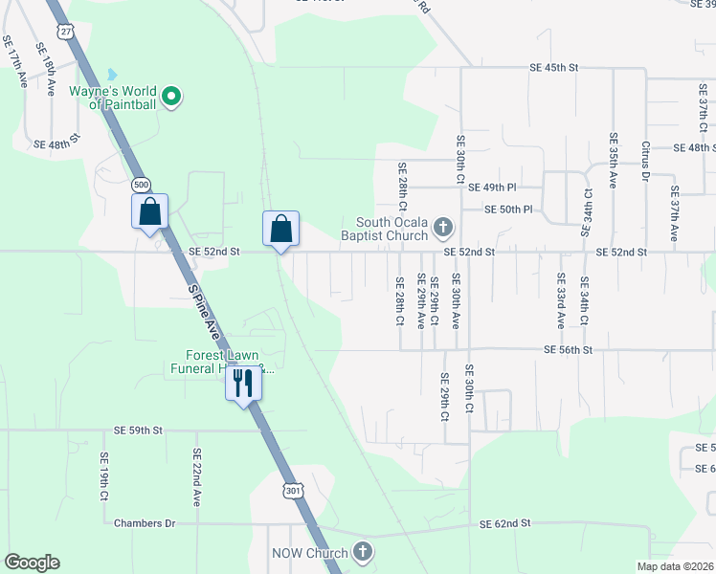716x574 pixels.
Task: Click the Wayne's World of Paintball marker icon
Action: tap(171, 96)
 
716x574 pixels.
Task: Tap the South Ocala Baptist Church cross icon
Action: tap(442, 227)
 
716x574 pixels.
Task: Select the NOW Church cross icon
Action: tap(362, 551)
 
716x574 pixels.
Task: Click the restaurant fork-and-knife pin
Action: tap(243, 384)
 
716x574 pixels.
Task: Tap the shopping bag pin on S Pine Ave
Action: tap(150, 212)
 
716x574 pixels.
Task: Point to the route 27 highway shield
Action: tap(65, 31)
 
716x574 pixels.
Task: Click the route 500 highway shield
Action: tap(142, 183)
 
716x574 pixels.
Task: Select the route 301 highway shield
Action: tap(292, 490)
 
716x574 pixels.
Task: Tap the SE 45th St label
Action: tap(555, 68)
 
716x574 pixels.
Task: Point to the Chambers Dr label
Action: tap(145, 523)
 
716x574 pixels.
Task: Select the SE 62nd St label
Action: tap(504, 524)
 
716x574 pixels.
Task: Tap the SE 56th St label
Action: tap(569, 350)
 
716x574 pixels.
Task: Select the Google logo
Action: tap(33, 563)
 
